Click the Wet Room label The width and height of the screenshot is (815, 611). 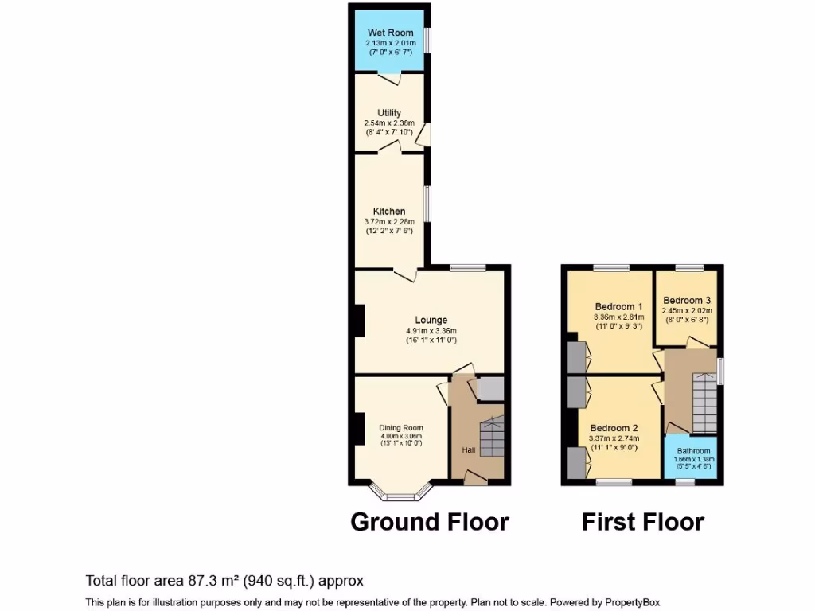point(390,33)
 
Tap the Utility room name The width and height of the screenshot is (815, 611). point(389,113)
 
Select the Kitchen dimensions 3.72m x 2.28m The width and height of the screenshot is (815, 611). point(389,222)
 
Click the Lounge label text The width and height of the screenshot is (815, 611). point(431,321)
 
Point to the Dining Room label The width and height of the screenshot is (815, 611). point(401,427)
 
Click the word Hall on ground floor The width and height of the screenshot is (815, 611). point(470,450)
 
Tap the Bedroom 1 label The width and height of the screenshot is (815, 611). point(618,306)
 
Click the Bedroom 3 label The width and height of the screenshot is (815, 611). point(686,300)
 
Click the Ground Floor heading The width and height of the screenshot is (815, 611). point(430,522)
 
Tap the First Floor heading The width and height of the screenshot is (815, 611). point(642,522)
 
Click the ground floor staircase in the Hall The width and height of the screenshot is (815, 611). point(491,437)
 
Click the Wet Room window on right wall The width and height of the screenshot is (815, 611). point(427,41)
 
